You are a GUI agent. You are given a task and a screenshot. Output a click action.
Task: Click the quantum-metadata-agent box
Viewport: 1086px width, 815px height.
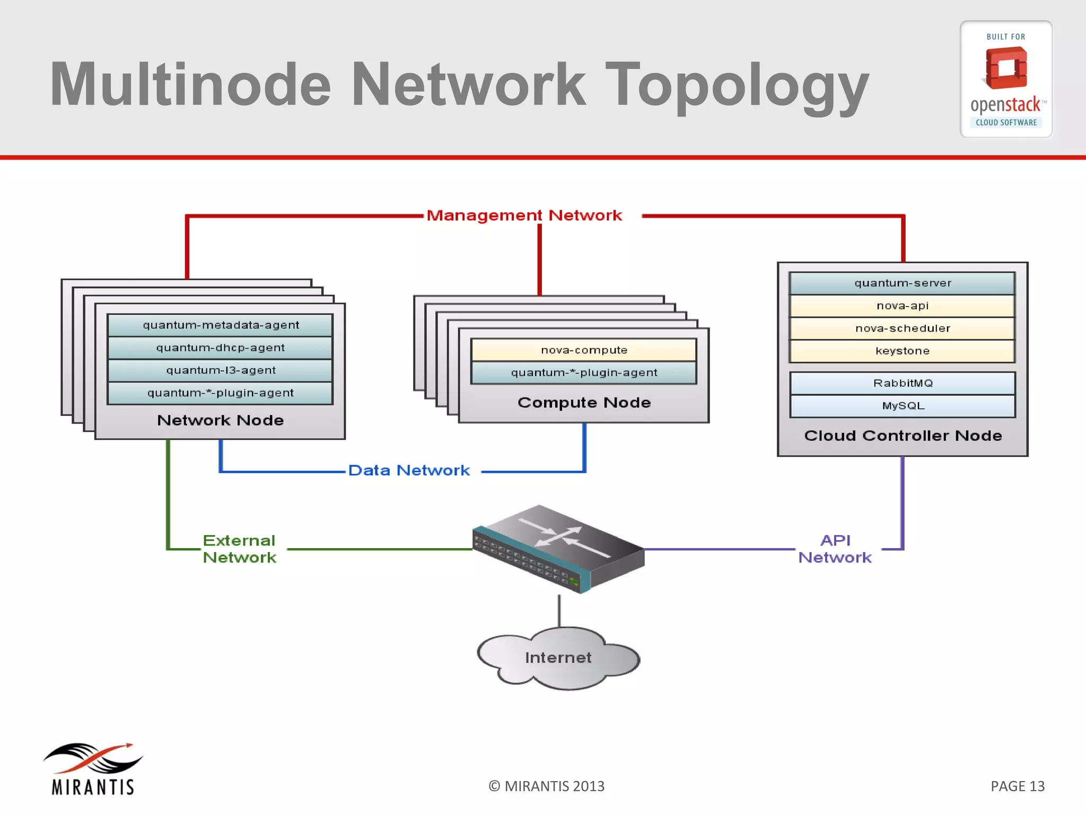[220, 325]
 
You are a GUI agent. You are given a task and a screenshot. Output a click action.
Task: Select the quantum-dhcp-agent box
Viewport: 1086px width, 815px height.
[220, 348]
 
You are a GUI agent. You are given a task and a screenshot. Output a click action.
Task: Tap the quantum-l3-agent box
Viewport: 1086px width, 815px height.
[220, 370]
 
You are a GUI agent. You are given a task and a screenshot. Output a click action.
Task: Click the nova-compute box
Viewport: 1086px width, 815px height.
[584, 350]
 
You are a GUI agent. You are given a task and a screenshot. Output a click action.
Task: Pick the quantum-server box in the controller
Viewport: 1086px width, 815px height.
[903, 283]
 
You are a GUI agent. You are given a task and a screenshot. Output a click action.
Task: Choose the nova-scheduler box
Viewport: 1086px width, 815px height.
[903, 328]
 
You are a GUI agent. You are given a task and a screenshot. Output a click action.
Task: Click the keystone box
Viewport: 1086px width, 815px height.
[903, 351]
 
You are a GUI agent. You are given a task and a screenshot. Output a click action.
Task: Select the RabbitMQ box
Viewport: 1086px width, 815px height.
[903, 383]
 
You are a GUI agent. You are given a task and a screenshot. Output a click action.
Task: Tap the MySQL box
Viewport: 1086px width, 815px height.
[903, 406]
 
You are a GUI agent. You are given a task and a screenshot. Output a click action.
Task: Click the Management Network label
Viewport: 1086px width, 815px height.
[524, 215]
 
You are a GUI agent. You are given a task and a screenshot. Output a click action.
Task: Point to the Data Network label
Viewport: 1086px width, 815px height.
[409, 471]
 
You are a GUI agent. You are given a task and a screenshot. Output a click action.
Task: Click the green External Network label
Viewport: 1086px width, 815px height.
[239, 549]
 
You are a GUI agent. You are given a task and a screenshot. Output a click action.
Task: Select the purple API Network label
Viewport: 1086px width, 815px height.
[835, 549]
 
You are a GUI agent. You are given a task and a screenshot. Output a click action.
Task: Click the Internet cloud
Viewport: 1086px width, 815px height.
[558, 658]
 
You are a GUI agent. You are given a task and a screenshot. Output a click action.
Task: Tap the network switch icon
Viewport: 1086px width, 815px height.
[558, 549]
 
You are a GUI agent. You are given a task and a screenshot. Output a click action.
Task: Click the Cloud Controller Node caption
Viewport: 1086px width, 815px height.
[903, 436]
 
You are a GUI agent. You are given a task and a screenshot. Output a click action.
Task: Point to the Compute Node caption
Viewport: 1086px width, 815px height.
[584, 403]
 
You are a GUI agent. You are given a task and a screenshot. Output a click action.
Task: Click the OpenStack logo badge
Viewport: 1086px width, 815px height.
[1006, 80]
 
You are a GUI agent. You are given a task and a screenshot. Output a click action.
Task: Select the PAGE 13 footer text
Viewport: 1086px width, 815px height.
[1017, 786]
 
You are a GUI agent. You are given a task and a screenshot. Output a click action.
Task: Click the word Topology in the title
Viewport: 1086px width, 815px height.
[737, 85]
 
